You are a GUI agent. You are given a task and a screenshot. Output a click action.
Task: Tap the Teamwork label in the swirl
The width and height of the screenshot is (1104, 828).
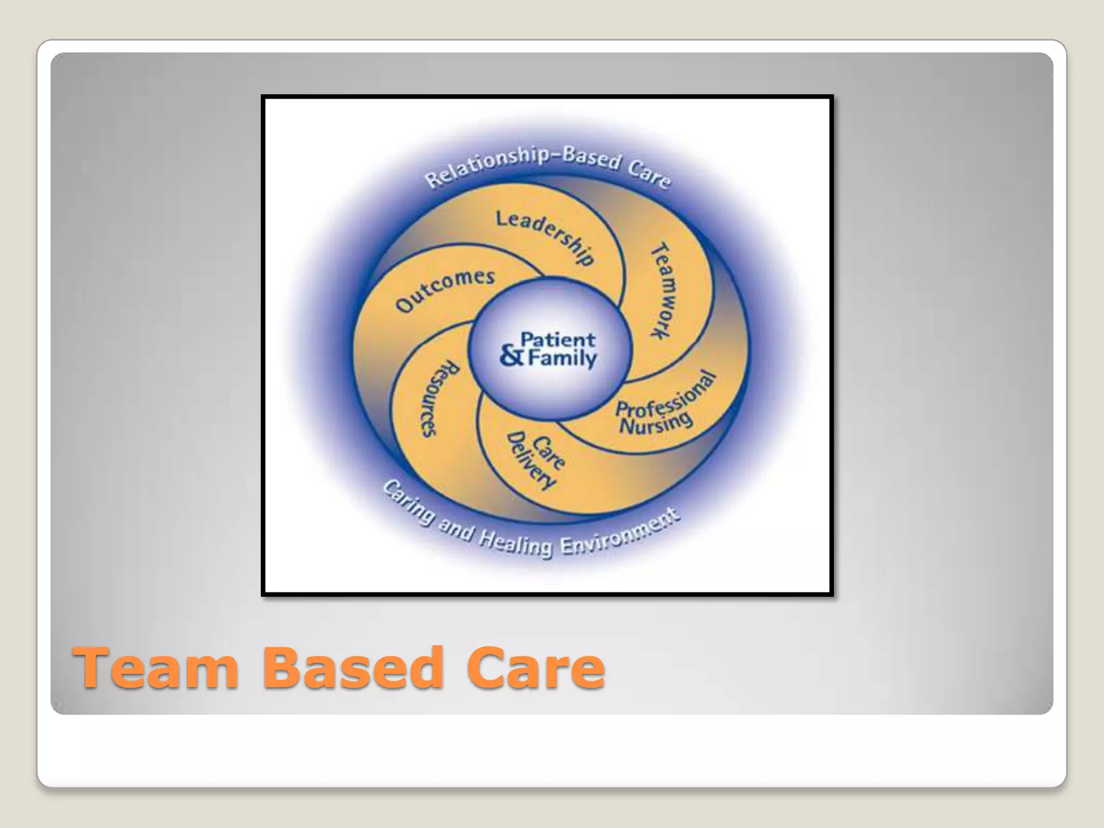tap(665, 291)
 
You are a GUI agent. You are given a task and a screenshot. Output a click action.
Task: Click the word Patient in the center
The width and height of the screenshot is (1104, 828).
tap(557, 340)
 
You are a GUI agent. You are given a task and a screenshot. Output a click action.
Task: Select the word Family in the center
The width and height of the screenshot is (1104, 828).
tap(562, 359)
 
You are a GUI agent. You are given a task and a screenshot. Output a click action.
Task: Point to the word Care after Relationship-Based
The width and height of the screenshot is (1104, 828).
tap(649, 172)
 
